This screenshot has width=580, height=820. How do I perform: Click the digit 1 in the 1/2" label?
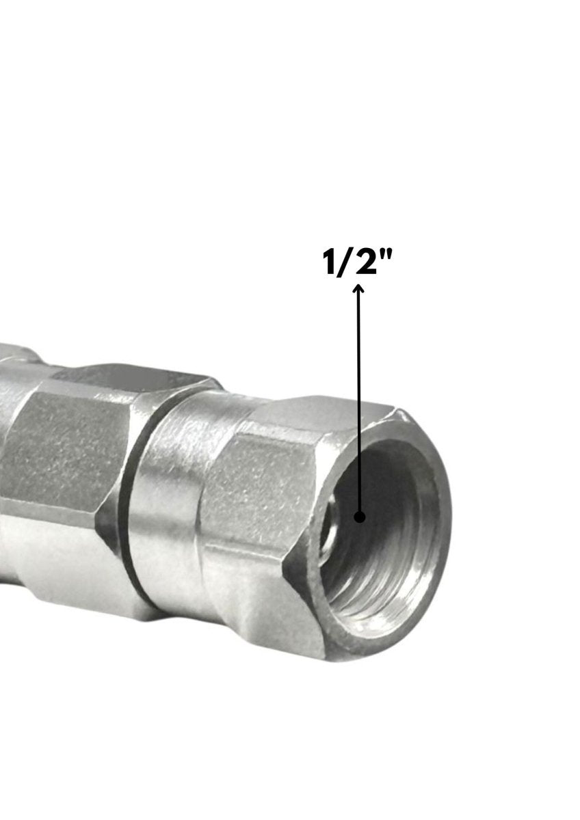click(x=332, y=262)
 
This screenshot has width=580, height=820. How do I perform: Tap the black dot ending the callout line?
click(x=360, y=517)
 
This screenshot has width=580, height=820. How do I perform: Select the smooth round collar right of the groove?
click(x=168, y=506)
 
